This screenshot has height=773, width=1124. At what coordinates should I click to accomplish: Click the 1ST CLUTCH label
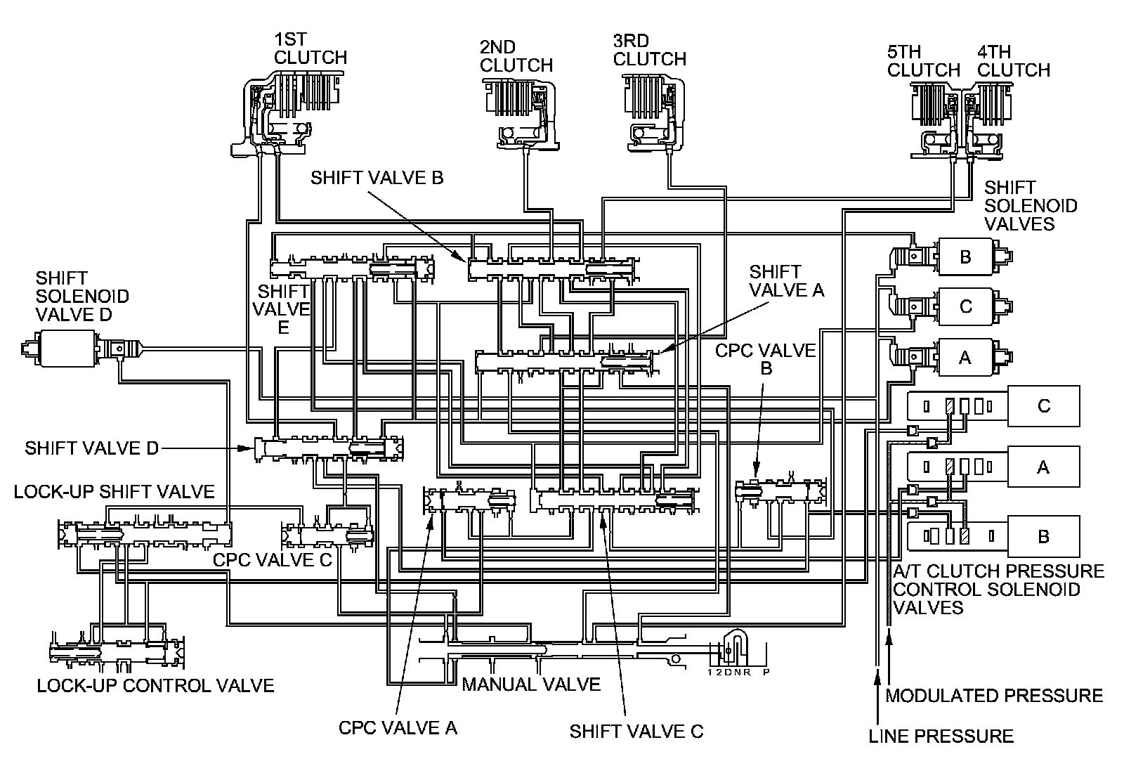310,48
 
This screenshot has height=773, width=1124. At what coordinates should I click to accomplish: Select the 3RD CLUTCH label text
649,50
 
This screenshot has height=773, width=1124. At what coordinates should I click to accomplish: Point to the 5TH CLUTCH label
923,60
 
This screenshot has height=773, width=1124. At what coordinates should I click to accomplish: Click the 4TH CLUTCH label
1014,60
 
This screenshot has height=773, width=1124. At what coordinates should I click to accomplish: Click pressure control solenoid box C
1043,405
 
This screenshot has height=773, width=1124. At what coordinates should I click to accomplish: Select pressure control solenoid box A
1043,467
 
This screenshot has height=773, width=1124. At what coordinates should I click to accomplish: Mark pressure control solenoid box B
1043,536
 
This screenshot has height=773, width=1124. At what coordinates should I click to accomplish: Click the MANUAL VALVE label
531,684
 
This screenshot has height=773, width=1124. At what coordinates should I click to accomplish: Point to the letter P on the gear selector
766,672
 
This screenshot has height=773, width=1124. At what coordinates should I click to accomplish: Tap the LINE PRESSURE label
941,736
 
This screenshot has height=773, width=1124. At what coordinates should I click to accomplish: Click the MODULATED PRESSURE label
994,695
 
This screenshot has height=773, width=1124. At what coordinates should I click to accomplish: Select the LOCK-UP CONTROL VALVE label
155,685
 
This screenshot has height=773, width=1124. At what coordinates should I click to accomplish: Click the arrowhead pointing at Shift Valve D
245,448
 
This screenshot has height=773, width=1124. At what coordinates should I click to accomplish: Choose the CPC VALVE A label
398,727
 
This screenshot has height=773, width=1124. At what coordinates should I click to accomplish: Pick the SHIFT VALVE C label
636,732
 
